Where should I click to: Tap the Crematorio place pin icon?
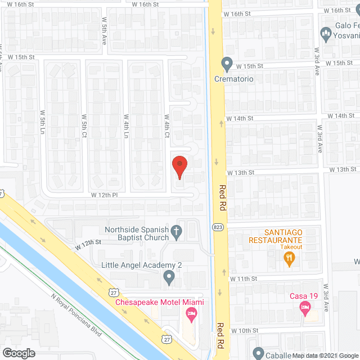pos(227,65)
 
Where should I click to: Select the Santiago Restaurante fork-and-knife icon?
pos(289,258)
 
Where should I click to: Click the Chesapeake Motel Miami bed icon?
pos(191,314)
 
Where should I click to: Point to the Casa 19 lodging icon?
pos(305,307)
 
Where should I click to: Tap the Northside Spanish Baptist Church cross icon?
pos(176,230)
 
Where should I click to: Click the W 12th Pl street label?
pos(103,195)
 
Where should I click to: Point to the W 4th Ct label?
pos(167,127)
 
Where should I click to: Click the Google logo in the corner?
pos(18,353)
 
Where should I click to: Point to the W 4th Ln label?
pos(126,128)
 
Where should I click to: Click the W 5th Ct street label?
pos(84,127)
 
